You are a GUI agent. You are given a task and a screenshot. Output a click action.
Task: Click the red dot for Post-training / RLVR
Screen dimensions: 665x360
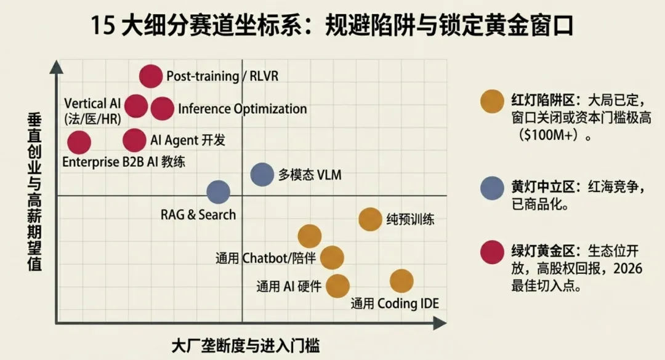click(150, 76)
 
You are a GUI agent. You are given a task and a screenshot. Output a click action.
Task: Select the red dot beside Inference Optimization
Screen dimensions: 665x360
click(162, 108)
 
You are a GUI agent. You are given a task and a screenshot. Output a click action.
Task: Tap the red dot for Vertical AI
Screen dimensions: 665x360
click(136, 106)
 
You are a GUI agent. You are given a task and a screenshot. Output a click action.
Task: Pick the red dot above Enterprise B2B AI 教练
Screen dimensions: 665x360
click(79, 143)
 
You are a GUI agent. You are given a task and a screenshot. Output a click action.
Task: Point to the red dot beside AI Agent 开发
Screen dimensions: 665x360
click(134, 140)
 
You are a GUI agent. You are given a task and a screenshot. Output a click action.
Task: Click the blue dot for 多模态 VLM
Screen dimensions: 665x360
click(262, 174)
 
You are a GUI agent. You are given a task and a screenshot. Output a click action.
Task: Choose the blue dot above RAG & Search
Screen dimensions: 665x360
click(218, 191)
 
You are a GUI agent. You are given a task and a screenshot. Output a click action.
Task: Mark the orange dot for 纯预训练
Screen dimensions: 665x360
click(370, 219)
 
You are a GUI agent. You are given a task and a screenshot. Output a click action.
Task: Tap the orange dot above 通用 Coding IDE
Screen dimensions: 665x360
click(401, 281)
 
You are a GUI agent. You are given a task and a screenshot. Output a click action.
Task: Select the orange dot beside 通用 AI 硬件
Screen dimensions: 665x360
click(337, 286)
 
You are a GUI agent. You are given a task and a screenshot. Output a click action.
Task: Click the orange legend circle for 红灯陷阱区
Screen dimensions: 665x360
click(492, 100)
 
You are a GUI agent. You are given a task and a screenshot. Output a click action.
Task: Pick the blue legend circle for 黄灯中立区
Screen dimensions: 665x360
click(492, 188)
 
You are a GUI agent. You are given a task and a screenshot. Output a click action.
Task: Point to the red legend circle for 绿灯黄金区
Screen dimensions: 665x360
click(492, 252)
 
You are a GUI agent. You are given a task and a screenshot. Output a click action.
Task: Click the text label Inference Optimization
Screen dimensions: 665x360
click(242, 109)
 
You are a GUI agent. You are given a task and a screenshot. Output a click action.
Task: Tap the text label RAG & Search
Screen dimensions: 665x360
click(198, 215)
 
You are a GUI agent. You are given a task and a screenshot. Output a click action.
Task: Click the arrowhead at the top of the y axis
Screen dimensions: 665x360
click(56, 66)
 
